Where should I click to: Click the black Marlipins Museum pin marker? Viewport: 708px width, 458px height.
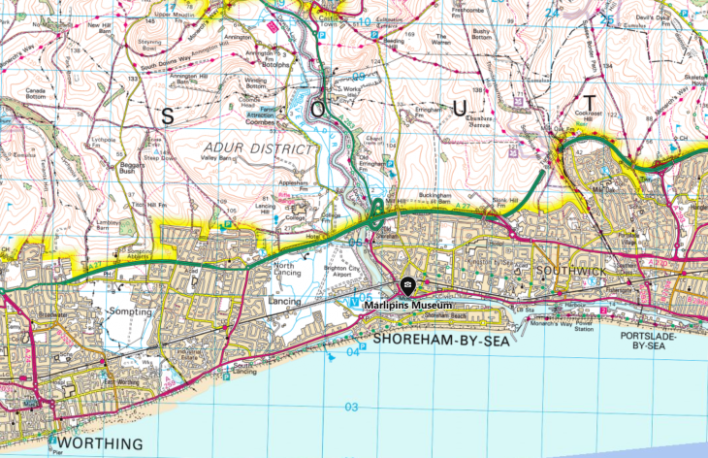tap(407, 286)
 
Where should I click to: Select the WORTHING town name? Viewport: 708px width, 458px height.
tap(93, 444)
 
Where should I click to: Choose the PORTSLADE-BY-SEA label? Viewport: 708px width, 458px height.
tap(651, 340)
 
